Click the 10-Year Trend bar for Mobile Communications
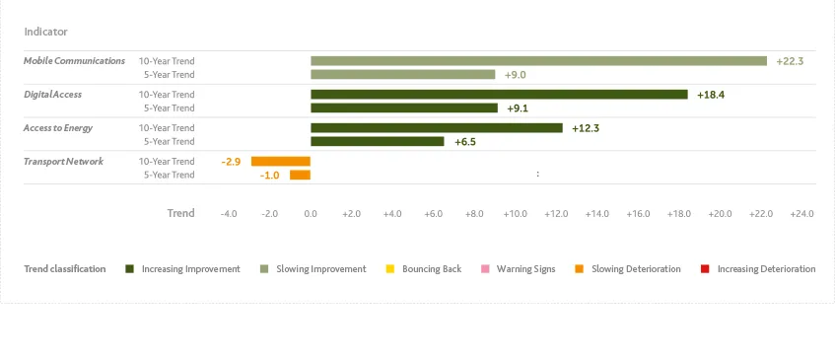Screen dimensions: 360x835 [x=538, y=61]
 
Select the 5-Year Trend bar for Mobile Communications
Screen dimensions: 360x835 [x=402, y=75]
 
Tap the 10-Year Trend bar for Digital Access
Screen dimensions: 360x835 [x=499, y=95]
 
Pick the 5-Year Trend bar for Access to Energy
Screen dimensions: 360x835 [x=378, y=142]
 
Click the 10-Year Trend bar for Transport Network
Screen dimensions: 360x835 [x=281, y=162]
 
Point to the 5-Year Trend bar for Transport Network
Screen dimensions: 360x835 [x=300, y=176]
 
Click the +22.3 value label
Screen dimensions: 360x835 [x=790, y=61]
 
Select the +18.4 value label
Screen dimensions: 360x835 [x=711, y=95]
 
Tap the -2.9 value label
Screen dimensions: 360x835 [x=232, y=162]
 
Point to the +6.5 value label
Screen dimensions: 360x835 [x=465, y=142]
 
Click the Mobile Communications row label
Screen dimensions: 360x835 [x=74, y=61]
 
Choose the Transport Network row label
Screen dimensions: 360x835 [x=63, y=162]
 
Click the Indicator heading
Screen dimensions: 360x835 [x=45, y=32]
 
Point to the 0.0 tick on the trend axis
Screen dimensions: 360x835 [x=311, y=214]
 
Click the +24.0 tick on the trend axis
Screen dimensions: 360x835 [x=801, y=214]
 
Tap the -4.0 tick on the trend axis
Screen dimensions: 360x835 [x=228, y=214]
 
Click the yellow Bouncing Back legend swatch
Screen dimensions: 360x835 [x=390, y=269]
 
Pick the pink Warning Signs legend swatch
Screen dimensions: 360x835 [x=485, y=269]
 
